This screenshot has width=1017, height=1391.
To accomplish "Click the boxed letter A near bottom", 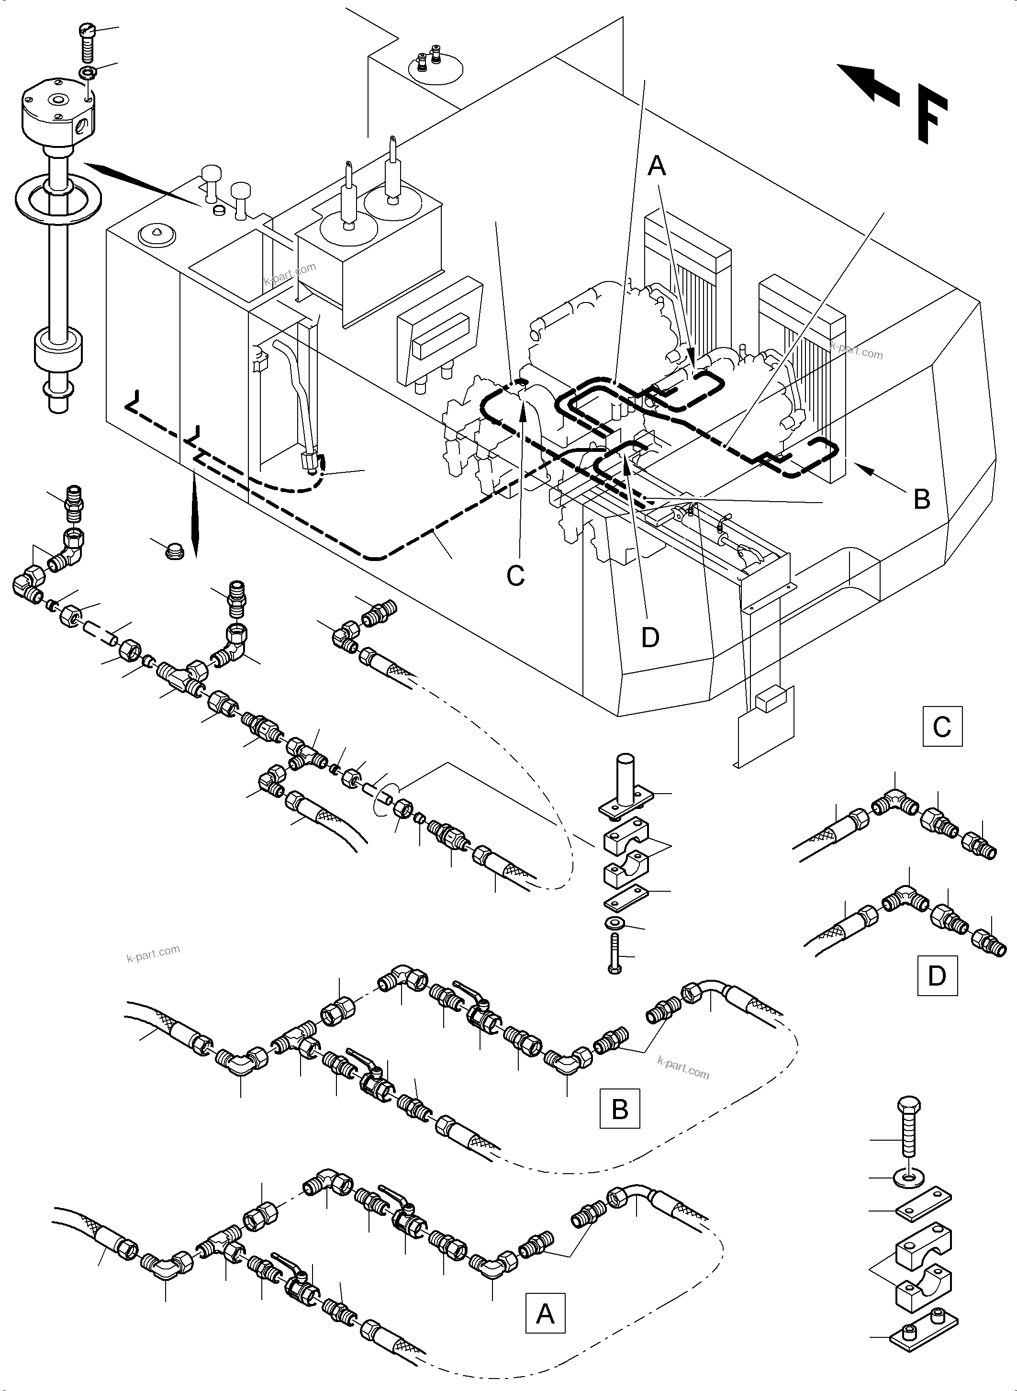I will [x=545, y=1313].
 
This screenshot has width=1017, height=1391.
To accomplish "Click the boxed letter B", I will [x=619, y=1109].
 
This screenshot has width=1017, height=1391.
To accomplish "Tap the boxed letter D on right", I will [x=937, y=976].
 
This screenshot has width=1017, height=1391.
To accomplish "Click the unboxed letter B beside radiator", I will [x=922, y=499].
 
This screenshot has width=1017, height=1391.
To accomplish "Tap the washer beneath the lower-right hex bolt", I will [x=909, y=1178].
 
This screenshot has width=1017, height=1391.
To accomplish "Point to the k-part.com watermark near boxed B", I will [x=683, y=1068].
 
